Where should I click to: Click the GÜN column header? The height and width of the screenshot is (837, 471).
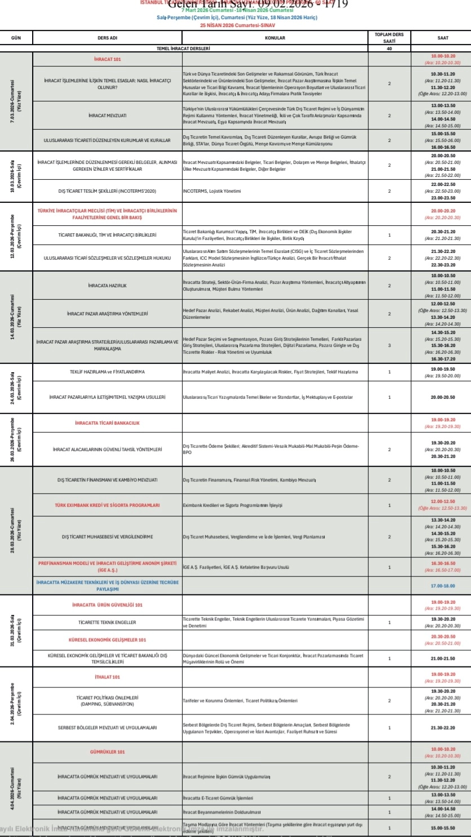coord(16,38)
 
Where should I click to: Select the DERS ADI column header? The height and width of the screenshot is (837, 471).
coord(107,38)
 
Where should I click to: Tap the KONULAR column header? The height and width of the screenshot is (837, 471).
coord(275,38)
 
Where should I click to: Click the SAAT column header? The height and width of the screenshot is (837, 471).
coord(443,38)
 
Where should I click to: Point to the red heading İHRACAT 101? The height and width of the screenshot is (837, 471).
coord(107,59)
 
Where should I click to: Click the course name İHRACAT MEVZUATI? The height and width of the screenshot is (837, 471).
coord(107,115)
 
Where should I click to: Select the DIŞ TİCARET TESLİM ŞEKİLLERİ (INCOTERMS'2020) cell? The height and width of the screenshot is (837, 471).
coord(107,191)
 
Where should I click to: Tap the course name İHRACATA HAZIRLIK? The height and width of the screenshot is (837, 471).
coord(107,286)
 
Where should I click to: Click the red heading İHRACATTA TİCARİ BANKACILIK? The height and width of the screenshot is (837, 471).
coord(107,423)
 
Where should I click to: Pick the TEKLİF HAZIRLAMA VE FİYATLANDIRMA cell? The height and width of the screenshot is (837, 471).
coord(107,372)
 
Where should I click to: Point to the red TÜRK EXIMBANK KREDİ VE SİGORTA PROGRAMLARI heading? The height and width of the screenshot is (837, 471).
coord(107,505)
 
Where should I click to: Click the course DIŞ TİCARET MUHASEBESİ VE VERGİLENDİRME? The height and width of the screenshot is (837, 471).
coord(107,537)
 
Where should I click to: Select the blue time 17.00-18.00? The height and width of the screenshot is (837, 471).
coord(443,586)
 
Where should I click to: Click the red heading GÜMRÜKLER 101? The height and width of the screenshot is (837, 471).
coord(107,752)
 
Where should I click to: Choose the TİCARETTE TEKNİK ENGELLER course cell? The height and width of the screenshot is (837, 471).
coord(107,622)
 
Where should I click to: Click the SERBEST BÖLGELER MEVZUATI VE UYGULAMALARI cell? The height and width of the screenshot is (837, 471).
coord(107,728)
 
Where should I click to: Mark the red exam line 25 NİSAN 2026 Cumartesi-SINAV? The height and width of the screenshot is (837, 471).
coord(235,25)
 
